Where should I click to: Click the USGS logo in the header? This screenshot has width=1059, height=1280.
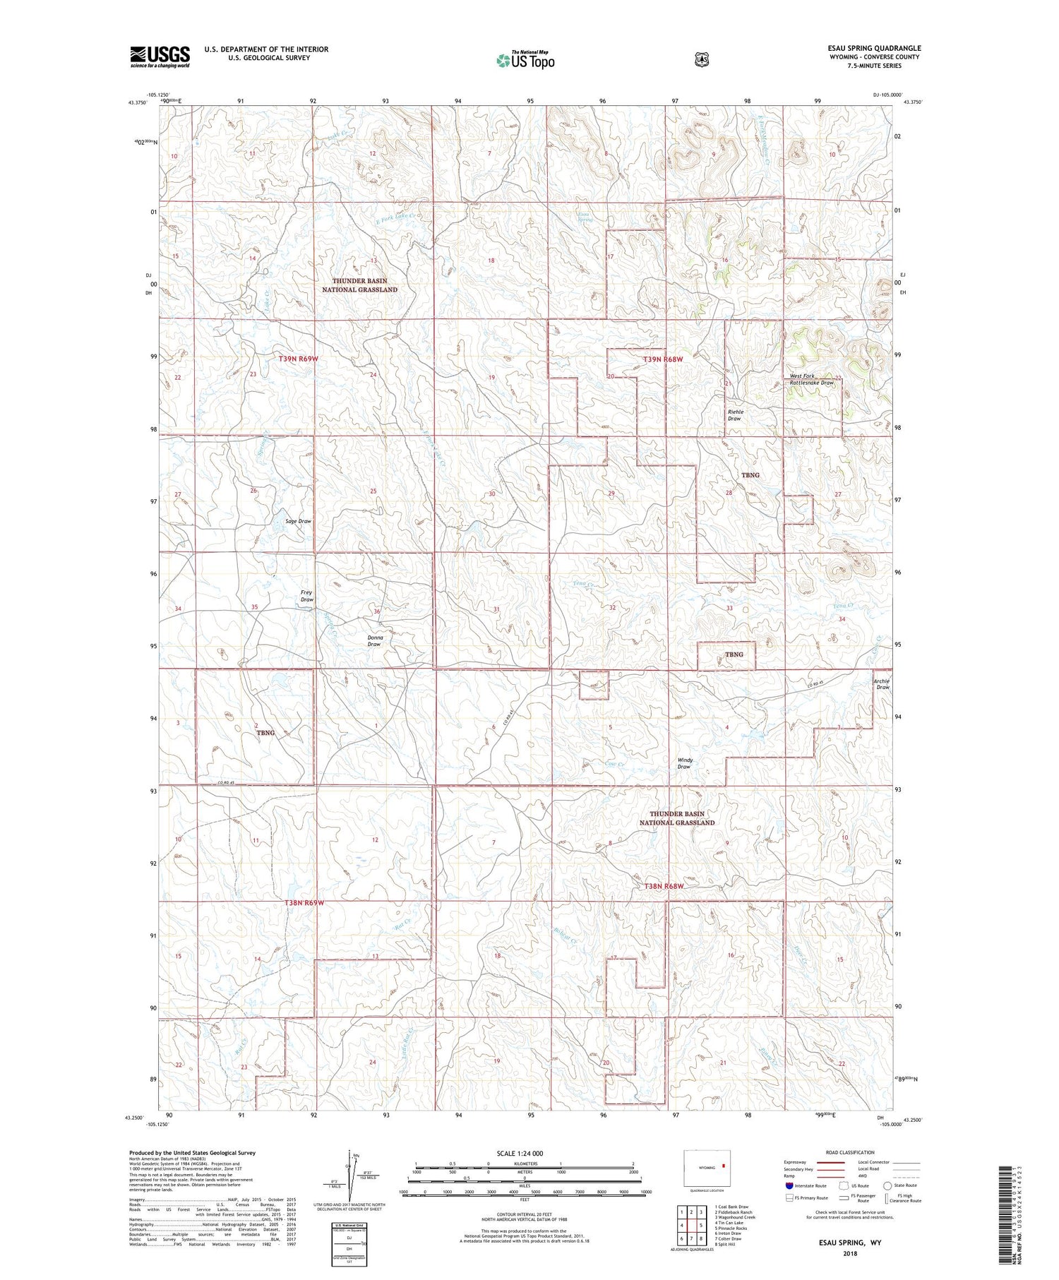click(160, 56)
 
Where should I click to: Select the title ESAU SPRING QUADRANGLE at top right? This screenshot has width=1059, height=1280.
click(874, 48)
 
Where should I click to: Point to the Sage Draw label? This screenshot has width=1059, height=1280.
click(298, 521)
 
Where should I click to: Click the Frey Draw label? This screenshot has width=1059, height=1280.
click(306, 596)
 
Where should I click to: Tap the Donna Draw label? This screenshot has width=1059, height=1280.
click(374, 640)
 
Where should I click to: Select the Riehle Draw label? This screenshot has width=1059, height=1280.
click(735, 415)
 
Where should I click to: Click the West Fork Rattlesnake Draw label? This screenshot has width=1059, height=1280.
click(811, 379)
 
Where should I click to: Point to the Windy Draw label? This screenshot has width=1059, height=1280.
click(684, 763)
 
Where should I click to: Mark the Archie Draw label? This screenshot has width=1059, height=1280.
click(882, 683)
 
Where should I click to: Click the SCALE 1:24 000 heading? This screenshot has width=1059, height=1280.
click(520, 1153)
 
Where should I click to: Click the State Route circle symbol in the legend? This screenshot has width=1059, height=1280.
click(887, 1186)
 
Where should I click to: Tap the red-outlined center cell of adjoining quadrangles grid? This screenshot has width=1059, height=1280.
click(691, 1225)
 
